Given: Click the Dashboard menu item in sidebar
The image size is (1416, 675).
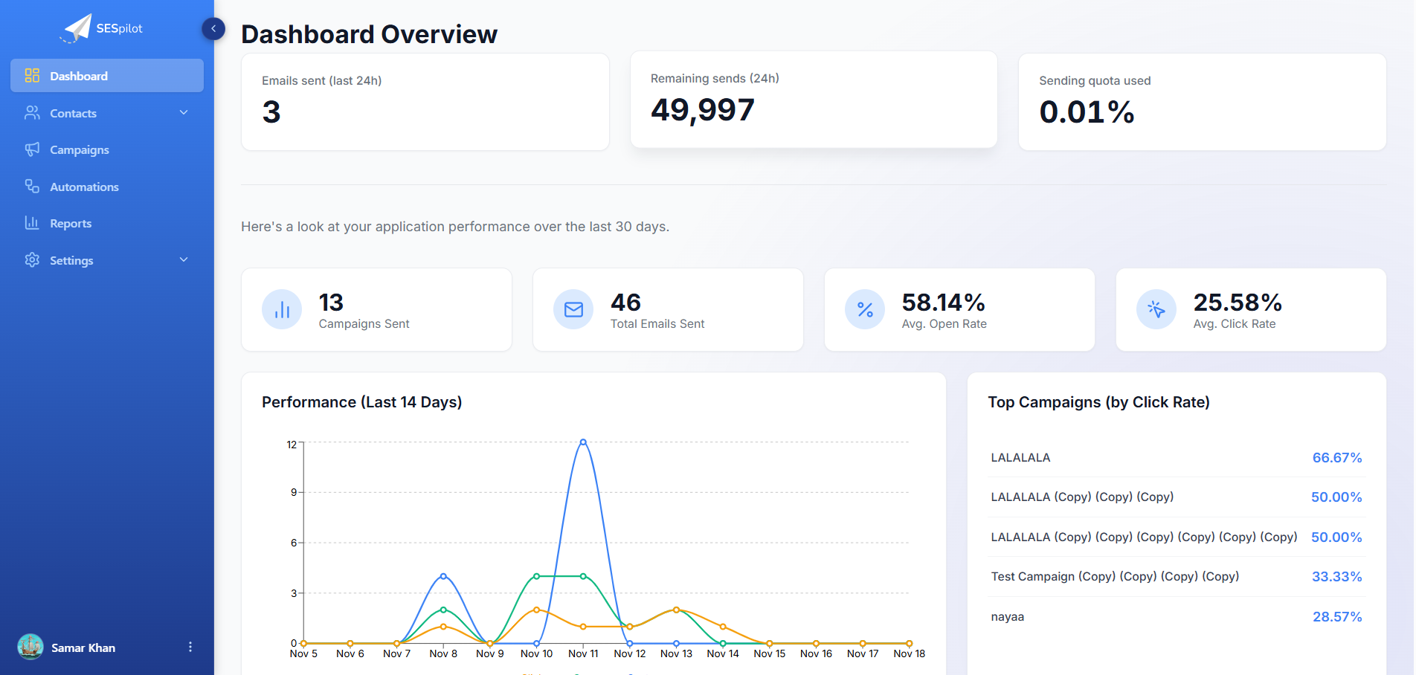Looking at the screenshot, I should [79, 76].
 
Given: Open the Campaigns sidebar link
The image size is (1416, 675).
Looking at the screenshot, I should [79, 150].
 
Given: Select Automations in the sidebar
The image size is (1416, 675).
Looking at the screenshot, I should [83, 187].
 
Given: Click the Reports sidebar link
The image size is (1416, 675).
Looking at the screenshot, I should [71, 224].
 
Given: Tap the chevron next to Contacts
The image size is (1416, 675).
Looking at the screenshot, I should [184, 113].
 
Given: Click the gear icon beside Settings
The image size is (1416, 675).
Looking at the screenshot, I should [32, 260].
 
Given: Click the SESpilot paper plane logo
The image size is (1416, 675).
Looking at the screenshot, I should [77, 28].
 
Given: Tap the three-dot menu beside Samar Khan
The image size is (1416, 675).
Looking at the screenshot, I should [190, 647].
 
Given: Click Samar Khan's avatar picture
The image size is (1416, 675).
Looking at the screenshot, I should [30, 647].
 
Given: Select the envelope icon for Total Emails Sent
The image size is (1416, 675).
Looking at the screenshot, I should [573, 309].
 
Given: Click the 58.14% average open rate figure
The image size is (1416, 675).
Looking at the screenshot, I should [943, 303].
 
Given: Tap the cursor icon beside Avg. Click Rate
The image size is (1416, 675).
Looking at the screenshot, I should [1156, 309].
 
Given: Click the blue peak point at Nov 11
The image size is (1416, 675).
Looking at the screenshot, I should [583, 442].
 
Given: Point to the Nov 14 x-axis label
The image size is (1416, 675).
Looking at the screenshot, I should [723, 654].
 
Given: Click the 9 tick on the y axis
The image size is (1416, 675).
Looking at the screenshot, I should [294, 492].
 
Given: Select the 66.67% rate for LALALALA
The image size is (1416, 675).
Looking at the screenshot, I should [1336, 458].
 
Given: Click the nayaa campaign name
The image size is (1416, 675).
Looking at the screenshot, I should [1007, 617].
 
